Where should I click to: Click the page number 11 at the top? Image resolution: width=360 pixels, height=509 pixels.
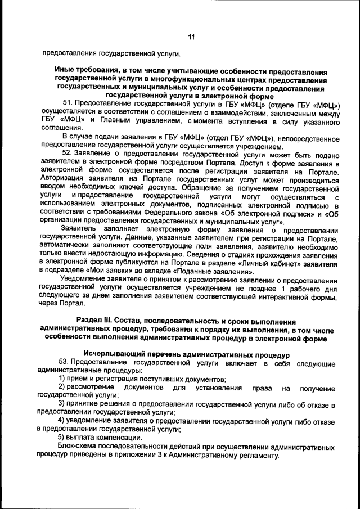[x=191, y=37]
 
